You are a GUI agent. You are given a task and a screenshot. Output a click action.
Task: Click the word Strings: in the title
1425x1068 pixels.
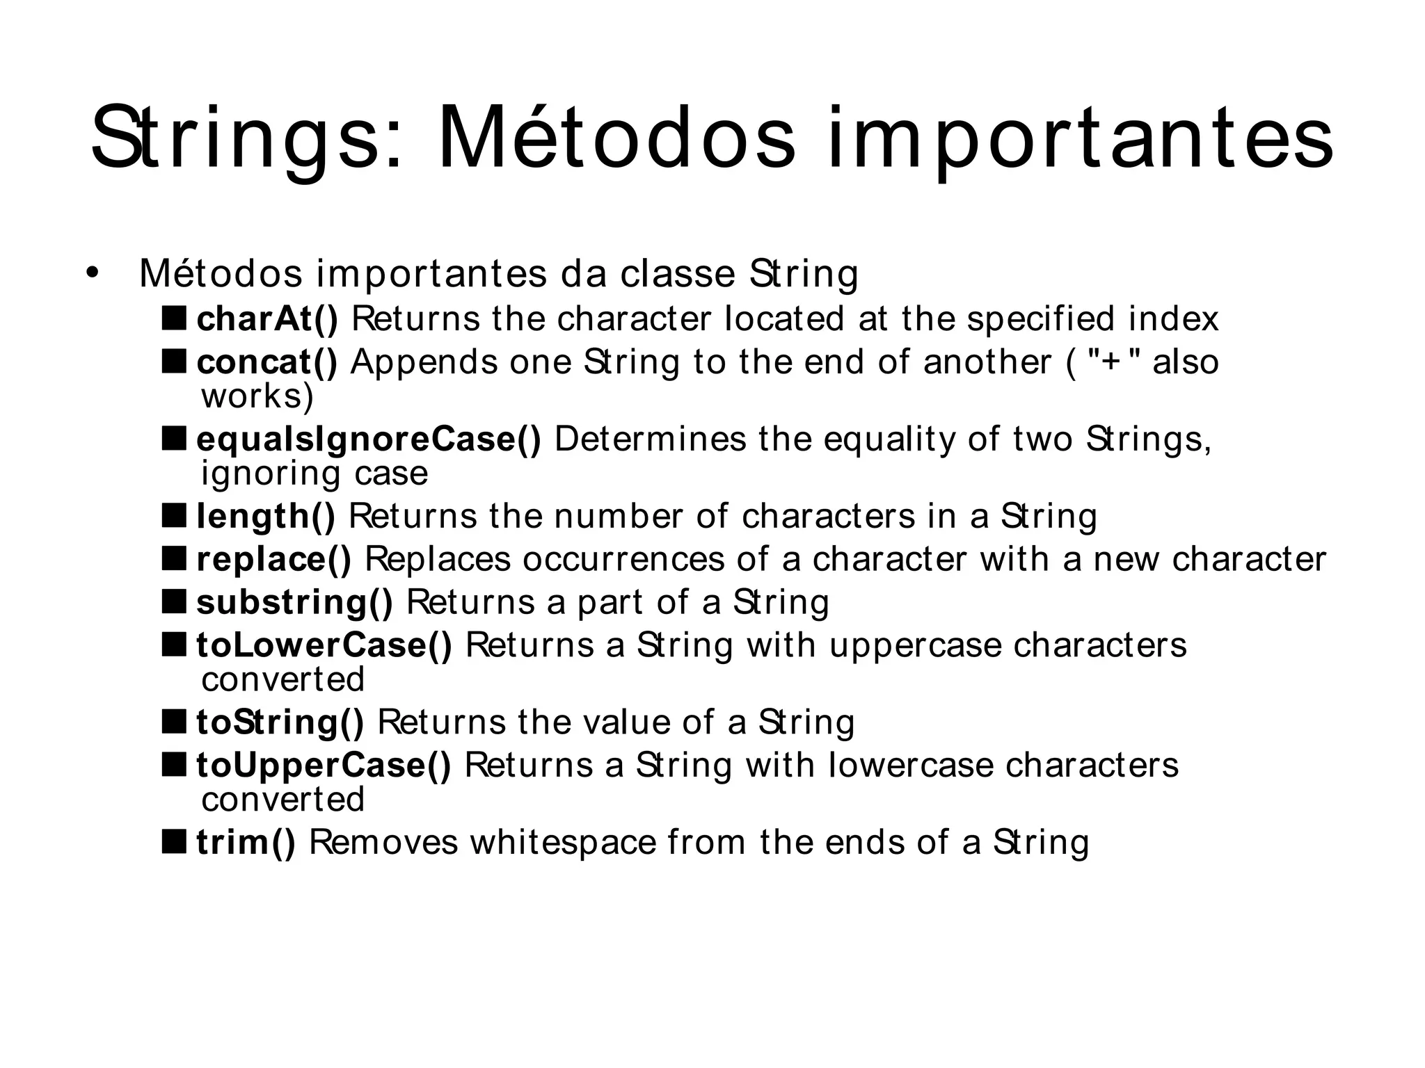tap(247, 139)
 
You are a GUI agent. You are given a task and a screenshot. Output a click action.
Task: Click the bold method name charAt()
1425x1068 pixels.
tap(267, 318)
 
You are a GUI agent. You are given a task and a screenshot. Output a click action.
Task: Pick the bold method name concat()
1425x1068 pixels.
tap(267, 362)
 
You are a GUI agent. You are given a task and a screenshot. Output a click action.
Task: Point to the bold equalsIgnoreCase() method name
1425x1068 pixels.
tap(369, 439)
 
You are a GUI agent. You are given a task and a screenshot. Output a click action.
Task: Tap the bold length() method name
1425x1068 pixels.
tap(266, 517)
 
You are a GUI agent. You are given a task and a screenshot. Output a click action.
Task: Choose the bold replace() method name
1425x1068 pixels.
tap(274, 559)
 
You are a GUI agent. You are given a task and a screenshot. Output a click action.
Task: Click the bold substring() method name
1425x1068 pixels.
tap(294, 602)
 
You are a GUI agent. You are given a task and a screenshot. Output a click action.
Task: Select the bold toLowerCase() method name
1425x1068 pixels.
tap(324, 645)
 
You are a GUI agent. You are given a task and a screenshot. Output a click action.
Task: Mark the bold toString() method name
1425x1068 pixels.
tap(280, 722)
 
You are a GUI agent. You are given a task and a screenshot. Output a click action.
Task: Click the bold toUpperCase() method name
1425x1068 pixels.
tap(324, 766)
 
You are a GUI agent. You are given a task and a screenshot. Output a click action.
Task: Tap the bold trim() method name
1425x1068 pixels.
tap(246, 842)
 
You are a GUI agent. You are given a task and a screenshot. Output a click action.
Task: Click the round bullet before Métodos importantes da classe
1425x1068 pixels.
tap(92, 273)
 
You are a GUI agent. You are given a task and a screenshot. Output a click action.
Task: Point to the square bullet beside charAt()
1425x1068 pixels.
tap(174, 318)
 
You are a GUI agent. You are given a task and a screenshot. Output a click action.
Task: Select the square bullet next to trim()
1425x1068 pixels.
tap(174, 841)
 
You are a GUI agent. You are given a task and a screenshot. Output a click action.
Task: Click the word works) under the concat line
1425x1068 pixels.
tap(257, 396)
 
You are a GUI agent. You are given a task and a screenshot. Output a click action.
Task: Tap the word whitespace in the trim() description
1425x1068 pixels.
tap(563, 842)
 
